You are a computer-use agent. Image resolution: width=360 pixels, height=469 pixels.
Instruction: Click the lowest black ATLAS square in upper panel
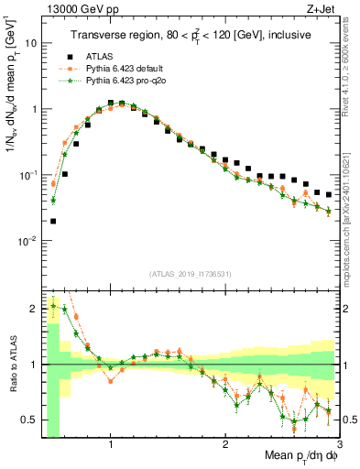[x=53, y=221]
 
